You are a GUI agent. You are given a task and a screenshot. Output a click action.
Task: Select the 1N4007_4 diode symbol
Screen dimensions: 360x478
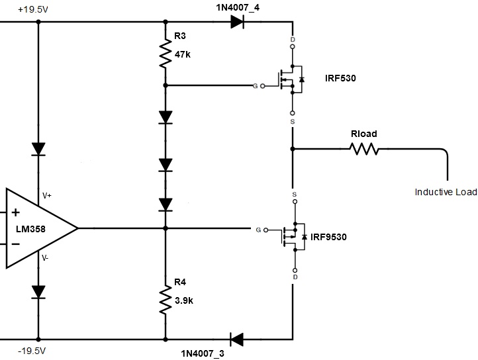[238, 21]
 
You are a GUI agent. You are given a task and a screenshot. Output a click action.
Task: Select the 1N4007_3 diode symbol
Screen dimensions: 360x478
[236, 339]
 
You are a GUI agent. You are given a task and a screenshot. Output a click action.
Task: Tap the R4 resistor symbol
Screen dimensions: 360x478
[166, 300]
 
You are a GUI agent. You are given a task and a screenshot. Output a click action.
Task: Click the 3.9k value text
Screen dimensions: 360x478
[184, 300]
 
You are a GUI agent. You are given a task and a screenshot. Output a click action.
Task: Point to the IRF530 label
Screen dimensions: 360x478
[340, 78]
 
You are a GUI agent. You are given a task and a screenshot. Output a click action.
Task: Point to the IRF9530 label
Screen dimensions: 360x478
[328, 237]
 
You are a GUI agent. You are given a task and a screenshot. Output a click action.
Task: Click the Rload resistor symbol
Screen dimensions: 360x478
[363, 150]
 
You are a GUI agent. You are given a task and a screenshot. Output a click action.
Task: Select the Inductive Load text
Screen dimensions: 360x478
[445, 192]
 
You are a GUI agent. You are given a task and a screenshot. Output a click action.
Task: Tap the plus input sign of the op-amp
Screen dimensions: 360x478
[15, 212]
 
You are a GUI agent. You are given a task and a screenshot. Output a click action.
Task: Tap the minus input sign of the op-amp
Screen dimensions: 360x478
[15, 244]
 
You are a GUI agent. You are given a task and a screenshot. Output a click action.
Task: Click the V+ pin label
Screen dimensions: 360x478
[48, 196]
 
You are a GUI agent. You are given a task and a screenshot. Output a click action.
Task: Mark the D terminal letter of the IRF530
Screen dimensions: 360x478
[293, 40]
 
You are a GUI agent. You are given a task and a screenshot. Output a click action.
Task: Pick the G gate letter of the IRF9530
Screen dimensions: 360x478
[258, 230]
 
